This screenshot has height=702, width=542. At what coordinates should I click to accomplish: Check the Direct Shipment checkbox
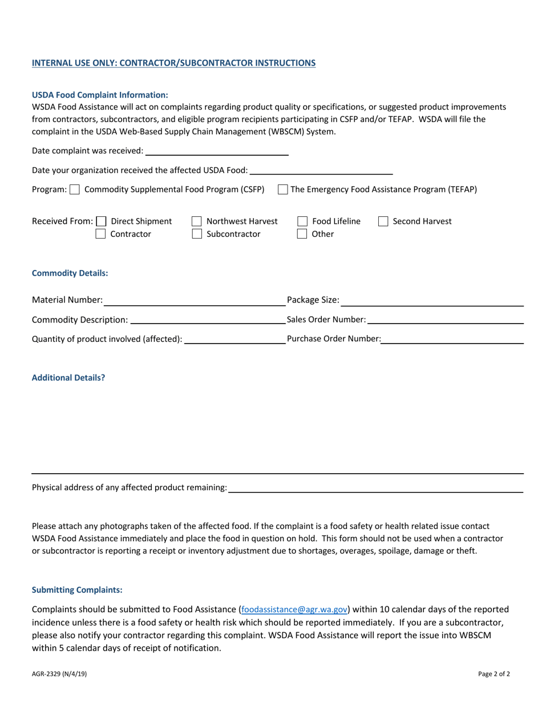(x=101, y=221)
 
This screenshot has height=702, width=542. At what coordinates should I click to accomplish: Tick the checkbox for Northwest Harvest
(x=196, y=221)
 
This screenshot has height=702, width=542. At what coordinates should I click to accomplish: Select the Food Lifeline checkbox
(x=302, y=221)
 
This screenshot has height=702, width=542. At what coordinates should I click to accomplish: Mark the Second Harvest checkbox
(x=383, y=221)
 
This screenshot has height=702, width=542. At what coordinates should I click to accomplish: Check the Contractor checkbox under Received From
(x=101, y=234)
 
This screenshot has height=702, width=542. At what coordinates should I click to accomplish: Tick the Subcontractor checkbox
(x=196, y=234)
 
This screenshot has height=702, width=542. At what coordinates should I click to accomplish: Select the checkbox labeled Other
(x=302, y=234)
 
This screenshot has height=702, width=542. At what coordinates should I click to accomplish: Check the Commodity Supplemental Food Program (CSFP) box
(x=74, y=189)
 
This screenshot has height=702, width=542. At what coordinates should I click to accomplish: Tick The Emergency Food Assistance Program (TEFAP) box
(x=282, y=189)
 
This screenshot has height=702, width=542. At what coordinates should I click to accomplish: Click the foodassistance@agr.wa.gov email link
(x=294, y=610)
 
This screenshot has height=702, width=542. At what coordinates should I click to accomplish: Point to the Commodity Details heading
(x=70, y=273)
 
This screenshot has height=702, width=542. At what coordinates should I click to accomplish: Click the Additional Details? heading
(x=68, y=378)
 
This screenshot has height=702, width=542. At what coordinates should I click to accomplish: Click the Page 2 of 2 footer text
(x=494, y=674)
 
